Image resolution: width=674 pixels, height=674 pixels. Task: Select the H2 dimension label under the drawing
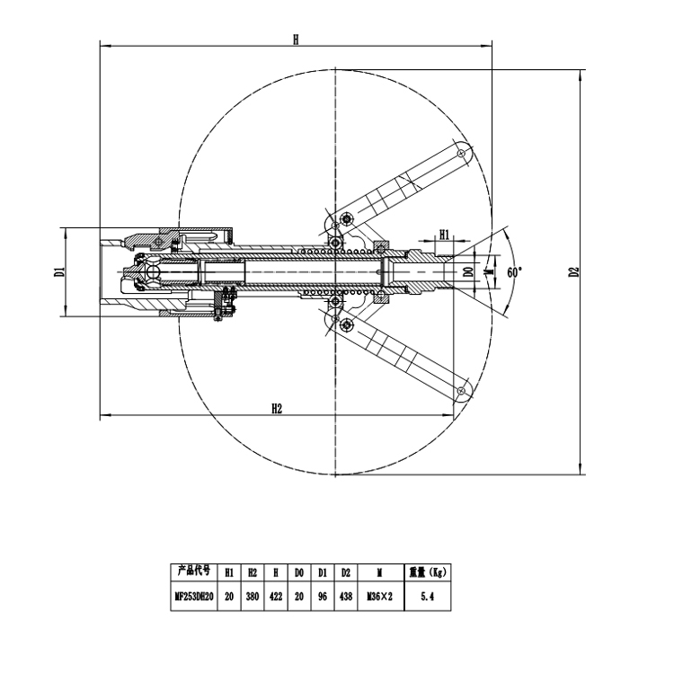point(277,409)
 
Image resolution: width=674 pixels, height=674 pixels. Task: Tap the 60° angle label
point(514,271)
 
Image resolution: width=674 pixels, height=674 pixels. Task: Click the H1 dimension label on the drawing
point(444,235)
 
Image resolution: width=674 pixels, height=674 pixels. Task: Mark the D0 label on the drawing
point(468,270)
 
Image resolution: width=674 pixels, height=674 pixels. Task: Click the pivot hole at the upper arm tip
point(461,154)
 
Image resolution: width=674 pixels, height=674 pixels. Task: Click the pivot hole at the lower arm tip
point(461,391)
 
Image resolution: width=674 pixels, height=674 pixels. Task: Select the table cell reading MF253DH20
point(194,595)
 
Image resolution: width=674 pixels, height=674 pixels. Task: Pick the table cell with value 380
point(253,595)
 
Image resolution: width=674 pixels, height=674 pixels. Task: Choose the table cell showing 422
point(276,595)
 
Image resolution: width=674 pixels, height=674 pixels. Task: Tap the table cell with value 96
point(322,595)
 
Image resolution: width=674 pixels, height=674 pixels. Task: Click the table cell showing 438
point(345,595)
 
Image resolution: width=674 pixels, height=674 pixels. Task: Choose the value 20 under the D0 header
point(299,595)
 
